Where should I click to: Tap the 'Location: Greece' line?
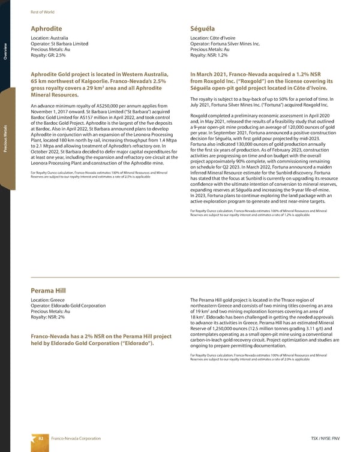point(49,300)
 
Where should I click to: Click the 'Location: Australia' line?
point(52,38)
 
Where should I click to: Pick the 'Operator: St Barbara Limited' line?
point(60,44)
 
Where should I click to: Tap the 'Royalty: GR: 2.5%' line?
point(51,56)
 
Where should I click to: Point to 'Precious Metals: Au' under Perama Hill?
point(51,312)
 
